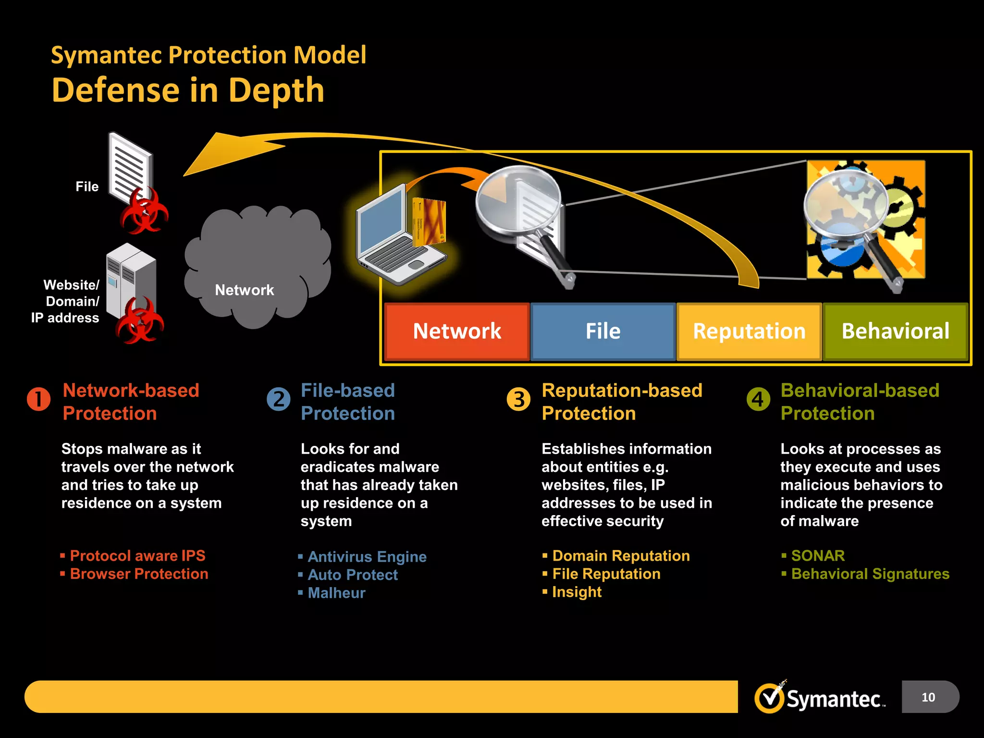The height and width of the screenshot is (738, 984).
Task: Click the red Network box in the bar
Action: (457, 332)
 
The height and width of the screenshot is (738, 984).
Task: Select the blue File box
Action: (603, 332)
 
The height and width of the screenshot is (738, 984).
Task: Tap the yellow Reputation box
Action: (749, 332)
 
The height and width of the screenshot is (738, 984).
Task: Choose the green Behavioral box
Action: (895, 332)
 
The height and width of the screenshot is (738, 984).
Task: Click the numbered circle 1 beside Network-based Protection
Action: (39, 399)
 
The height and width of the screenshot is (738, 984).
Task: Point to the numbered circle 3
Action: (518, 399)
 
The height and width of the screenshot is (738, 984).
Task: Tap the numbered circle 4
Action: (758, 399)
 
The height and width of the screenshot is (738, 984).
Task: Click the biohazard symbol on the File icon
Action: (144, 211)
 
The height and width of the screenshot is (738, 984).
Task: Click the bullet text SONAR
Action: (818, 556)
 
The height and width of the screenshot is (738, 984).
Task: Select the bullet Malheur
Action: (336, 593)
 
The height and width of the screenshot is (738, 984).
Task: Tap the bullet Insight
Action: (577, 592)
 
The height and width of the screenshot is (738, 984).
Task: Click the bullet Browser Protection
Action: (139, 574)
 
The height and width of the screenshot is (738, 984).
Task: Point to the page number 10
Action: (928, 697)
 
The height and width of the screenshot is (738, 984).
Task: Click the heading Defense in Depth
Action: (188, 90)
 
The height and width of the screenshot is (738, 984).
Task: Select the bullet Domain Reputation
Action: (621, 556)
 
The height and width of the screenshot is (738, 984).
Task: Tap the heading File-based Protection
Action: (348, 402)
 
